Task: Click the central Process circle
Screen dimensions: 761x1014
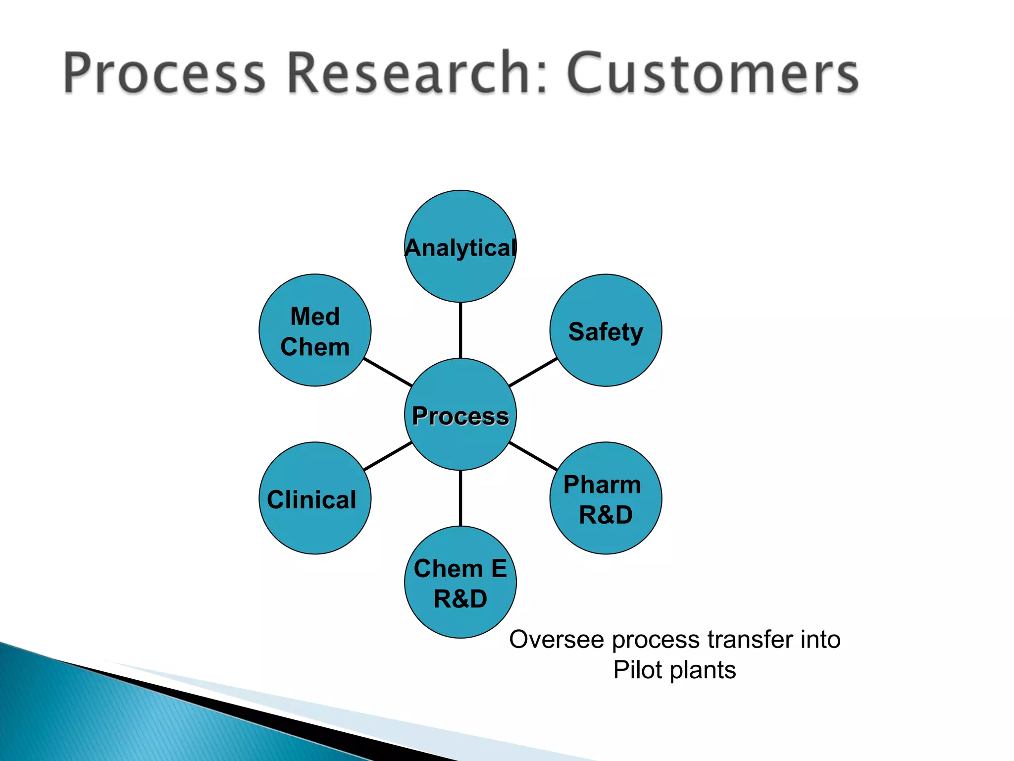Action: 460,414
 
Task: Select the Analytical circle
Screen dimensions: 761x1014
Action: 460,246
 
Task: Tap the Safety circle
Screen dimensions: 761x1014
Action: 606,330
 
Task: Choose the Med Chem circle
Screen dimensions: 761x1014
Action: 315,330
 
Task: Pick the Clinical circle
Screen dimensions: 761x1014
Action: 315,498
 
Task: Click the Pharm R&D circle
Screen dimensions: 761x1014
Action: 606,498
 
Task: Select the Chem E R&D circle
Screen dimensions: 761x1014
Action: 460,582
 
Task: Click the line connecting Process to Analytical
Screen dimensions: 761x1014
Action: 460,330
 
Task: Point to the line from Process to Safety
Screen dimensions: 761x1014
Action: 533,372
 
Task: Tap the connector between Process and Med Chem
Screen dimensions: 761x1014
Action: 388,372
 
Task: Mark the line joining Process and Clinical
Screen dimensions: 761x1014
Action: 388,456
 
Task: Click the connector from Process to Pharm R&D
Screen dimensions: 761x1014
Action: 533,456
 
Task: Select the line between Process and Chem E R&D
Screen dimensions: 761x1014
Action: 460,498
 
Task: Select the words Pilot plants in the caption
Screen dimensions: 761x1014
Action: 674,670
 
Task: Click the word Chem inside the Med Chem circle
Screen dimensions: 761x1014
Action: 315,347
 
